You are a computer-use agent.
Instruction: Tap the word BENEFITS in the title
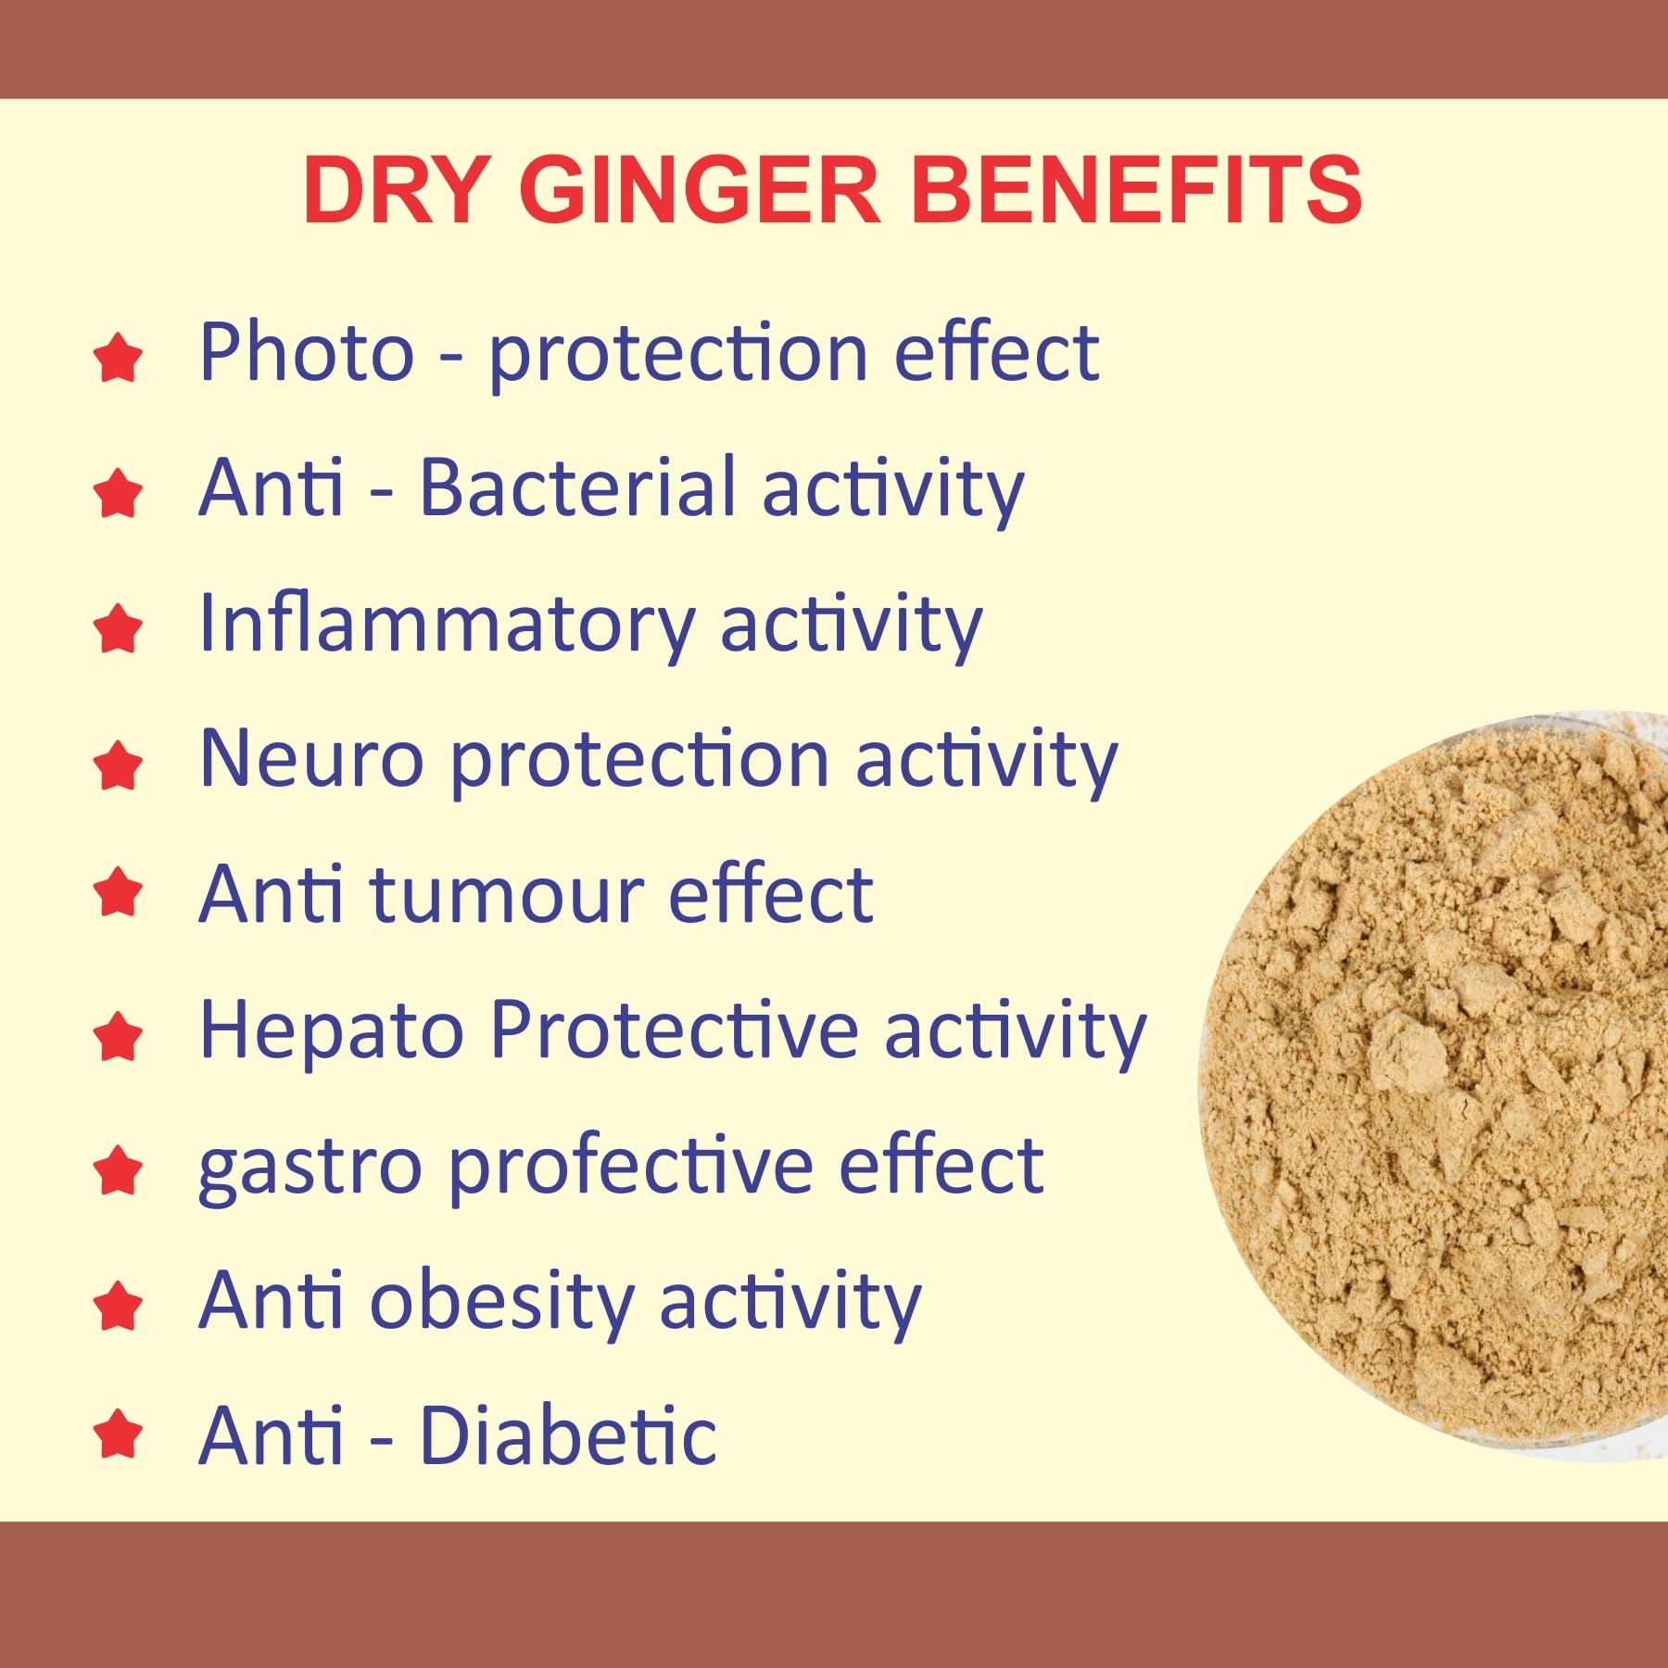1137,190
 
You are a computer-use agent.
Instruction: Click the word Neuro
311,759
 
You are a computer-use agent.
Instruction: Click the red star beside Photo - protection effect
118,359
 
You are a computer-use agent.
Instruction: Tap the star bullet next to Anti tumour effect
118,891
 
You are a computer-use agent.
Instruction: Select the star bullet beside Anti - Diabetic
118,1434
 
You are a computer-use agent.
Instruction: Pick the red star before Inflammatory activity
118,628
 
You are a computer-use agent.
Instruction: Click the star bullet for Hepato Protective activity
118,1036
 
